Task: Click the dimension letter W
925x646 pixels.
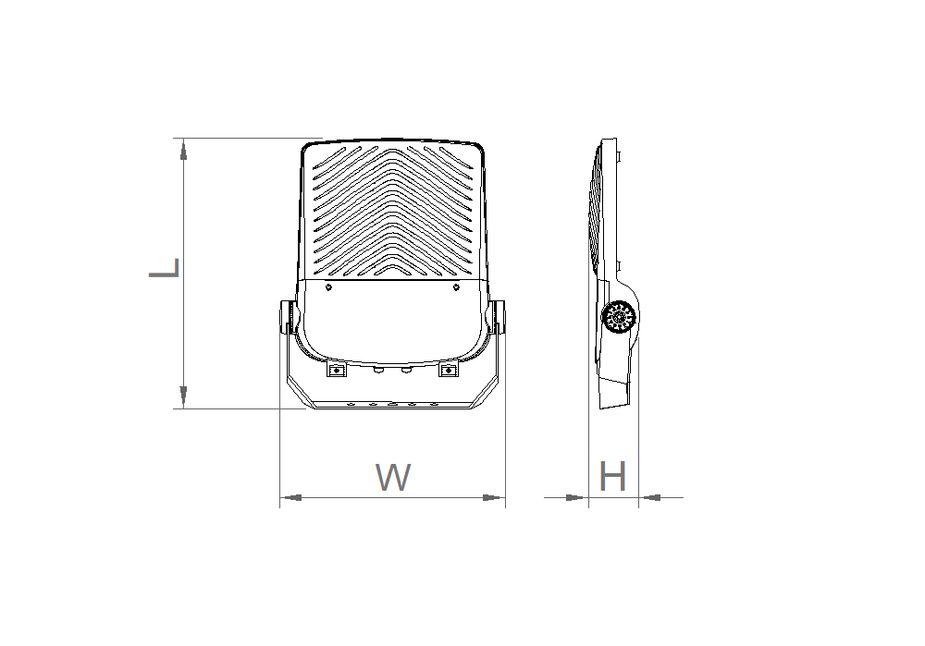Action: (x=393, y=478)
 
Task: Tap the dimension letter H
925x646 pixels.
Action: (x=612, y=477)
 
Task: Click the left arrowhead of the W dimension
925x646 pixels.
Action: (x=291, y=497)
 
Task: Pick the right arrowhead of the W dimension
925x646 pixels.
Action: (x=494, y=497)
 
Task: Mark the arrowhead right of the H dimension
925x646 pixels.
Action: (x=650, y=497)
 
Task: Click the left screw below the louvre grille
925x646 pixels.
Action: (x=328, y=287)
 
